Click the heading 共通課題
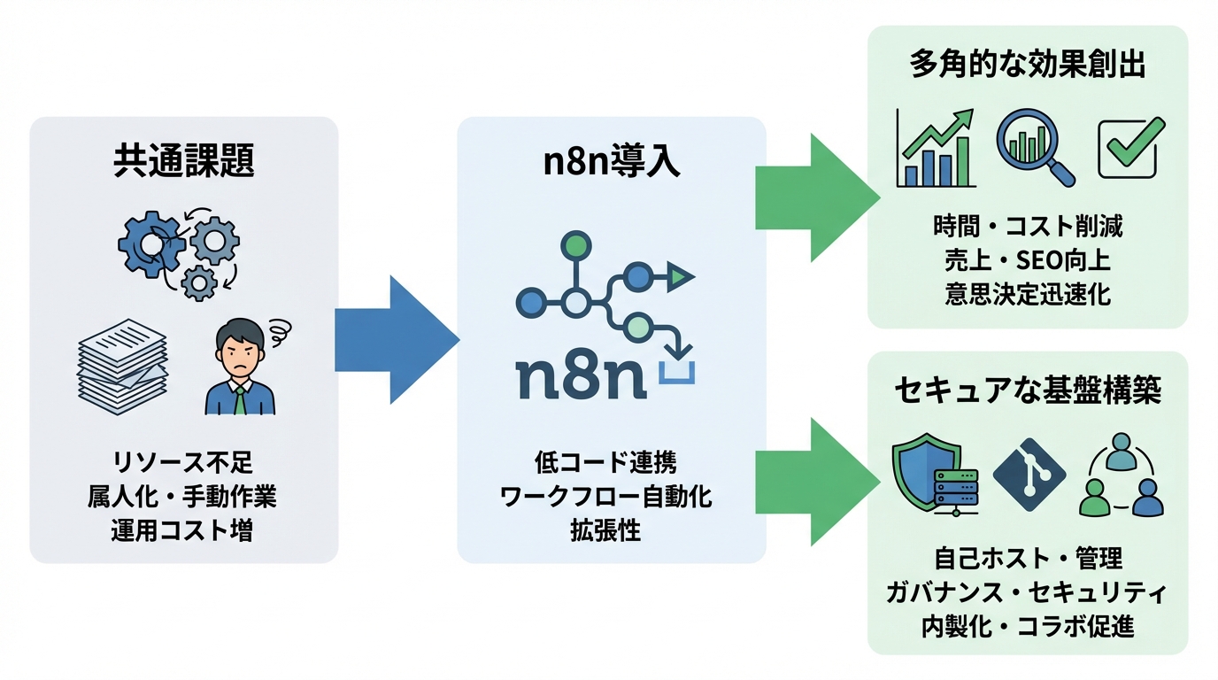184,161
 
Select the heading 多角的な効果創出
1027,66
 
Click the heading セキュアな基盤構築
1027,391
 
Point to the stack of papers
122,366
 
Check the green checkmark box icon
1127,148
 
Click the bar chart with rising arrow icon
935,149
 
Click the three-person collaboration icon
1122,476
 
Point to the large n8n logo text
581,374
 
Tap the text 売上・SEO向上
1027,260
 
